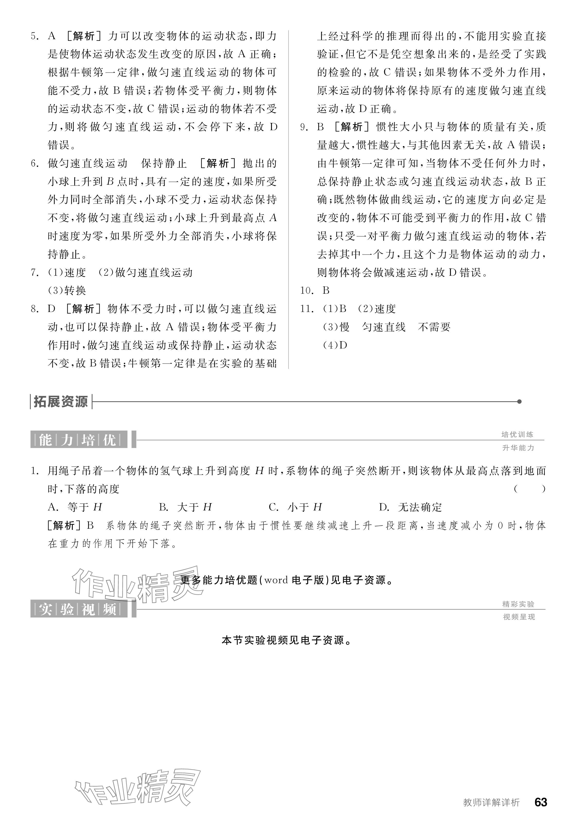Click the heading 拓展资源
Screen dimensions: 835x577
pyautogui.click(x=61, y=402)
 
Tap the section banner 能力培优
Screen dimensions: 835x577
pyautogui.click(x=79, y=440)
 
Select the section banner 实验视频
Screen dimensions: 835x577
pyautogui.click(x=79, y=609)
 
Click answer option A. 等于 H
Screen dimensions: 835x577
pyautogui.click(x=75, y=507)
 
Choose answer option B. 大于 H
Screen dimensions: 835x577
pyautogui.click(x=185, y=507)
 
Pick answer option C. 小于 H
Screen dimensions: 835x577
pyautogui.click(x=295, y=507)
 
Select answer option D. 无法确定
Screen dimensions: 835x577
pyautogui.click(x=410, y=507)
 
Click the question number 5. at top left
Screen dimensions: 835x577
pyautogui.click(x=35, y=36)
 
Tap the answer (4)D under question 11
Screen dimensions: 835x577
pyautogui.click(x=335, y=345)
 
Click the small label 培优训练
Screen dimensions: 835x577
pyautogui.click(x=518, y=434)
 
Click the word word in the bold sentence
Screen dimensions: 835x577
pyautogui.click(x=276, y=580)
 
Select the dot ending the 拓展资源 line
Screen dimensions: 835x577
pyautogui.click(x=519, y=402)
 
